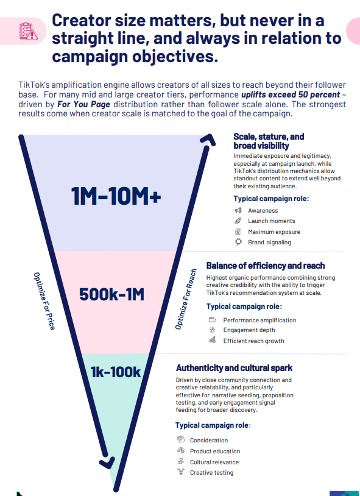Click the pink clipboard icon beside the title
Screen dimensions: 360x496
29,31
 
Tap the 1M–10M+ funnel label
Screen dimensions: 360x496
116,196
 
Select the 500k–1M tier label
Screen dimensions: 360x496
111,294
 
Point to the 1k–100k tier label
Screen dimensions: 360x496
116,372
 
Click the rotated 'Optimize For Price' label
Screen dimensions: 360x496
44,301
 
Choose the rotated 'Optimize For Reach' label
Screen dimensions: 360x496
186,299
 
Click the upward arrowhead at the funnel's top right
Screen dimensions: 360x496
209,139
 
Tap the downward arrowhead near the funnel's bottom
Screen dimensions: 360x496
107,462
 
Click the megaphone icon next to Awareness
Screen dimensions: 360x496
238,210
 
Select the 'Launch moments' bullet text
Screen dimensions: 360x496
272,221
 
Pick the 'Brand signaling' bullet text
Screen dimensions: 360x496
269,243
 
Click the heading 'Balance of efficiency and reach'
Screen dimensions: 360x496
266,266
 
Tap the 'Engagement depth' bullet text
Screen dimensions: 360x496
249,330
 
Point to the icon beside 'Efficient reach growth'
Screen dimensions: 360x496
212,340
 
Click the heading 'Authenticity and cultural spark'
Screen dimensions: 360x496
234,368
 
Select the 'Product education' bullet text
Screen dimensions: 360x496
215,451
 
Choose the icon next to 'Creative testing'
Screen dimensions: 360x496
181,472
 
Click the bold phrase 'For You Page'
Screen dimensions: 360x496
83,104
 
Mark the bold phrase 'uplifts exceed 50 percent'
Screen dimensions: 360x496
291,94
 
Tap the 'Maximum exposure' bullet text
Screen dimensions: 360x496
274,232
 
